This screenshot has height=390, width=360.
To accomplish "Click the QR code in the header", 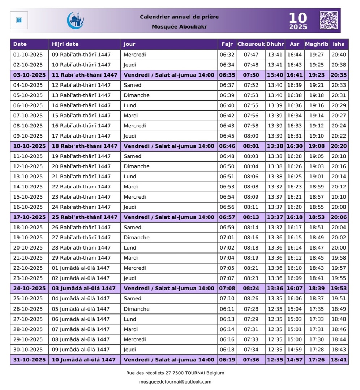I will coord(329,20).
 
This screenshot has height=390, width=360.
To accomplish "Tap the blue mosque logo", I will coord(75,20).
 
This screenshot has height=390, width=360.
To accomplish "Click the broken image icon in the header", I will coord(19,20).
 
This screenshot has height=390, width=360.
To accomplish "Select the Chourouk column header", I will coord(251,44).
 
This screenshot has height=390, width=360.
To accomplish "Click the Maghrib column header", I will coord(316,44).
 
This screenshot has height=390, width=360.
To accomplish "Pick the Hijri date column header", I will coord(65,44).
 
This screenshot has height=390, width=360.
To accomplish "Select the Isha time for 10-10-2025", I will coord(339,146).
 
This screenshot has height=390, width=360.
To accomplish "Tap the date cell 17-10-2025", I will coord(30,217).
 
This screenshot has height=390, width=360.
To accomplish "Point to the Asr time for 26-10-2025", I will coord(294,309).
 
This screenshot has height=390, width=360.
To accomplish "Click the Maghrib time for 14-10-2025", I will coord(317,187).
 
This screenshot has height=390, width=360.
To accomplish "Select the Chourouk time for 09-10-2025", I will coord(251,136).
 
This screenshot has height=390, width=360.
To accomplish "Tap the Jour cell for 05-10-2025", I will coord(137,95).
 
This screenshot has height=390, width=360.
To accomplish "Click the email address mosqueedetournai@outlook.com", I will coord(175,382).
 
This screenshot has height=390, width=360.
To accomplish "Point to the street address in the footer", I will coord(175,373).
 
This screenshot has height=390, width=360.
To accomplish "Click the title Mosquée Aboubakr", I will coord(179,26).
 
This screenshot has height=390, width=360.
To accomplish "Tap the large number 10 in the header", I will coord(297,18).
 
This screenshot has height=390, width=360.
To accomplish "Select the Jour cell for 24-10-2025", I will coord(169,288).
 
